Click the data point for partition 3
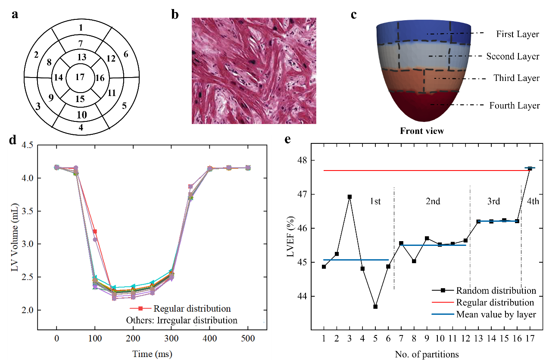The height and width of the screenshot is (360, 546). pyautogui.click(x=349, y=197)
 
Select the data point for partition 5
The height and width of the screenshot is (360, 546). pyautogui.click(x=375, y=307)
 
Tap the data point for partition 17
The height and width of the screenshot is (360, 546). pyautogui.click(x=530, y=168)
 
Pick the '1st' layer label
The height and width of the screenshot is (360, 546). pyautogui.click(x=375, y=202)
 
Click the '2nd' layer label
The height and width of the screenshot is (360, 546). pyautogui.click(x=433, y=202)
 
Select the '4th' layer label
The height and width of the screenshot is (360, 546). pyautogui.click(x=533, y=202)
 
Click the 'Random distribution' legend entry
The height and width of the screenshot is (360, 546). pyautogui.click(x=496, y=291)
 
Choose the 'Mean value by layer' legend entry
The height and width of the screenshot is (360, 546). pyautogui.click(x=496, y=314)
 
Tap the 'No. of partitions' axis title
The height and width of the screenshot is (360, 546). pyautogui.click(x=427, y=354)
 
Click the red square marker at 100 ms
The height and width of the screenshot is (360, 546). pyautogui.click(x=95, y=232)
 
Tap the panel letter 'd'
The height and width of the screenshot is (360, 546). pyautogui.click(x=13, y=140)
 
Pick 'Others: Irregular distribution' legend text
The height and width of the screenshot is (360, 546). pyautogui.click(x=181, y=320)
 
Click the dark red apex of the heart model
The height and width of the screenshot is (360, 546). pyautogui.click(x=423, y=108)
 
